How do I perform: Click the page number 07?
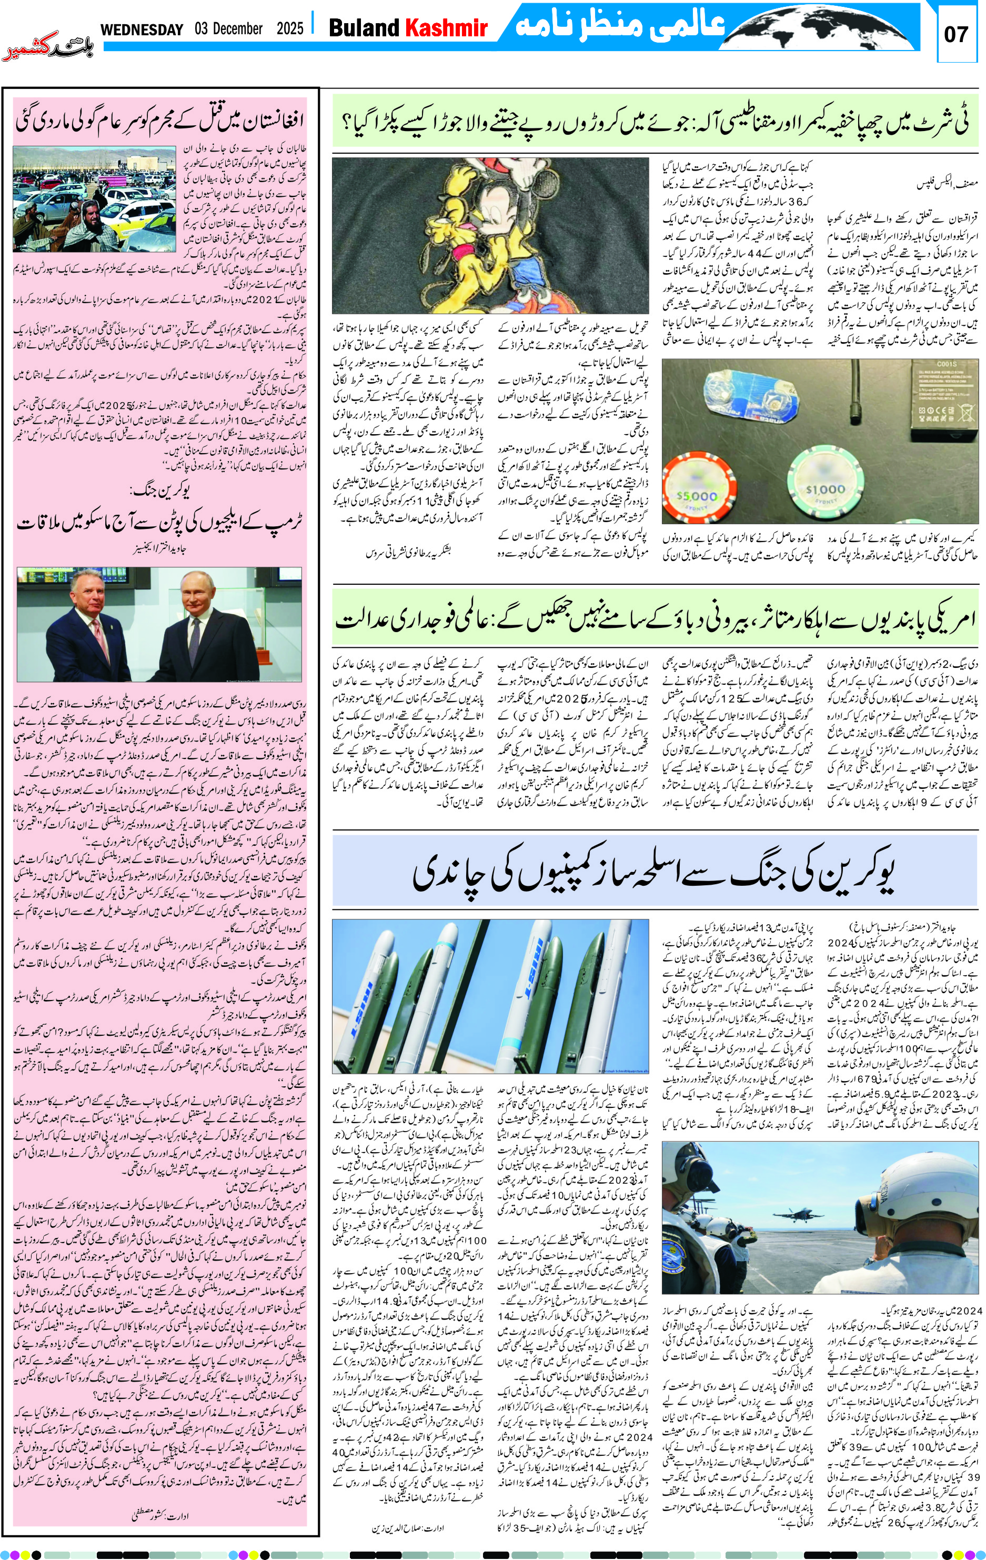point(955,34)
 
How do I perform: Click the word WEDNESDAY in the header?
point(142,29)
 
